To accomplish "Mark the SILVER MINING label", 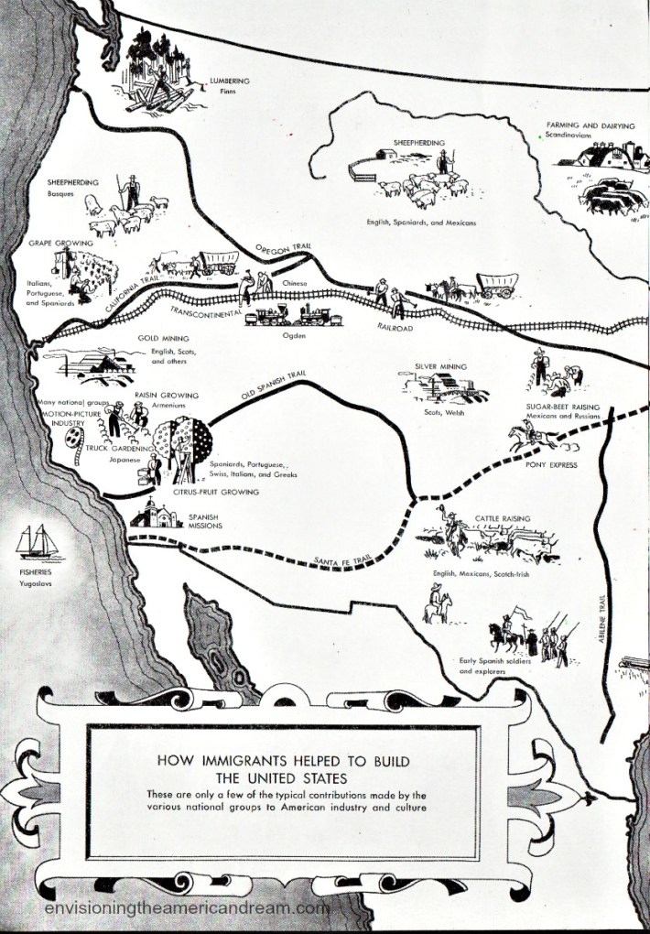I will tap(440, 367).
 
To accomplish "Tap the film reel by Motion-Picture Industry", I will tap(74, 445).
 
